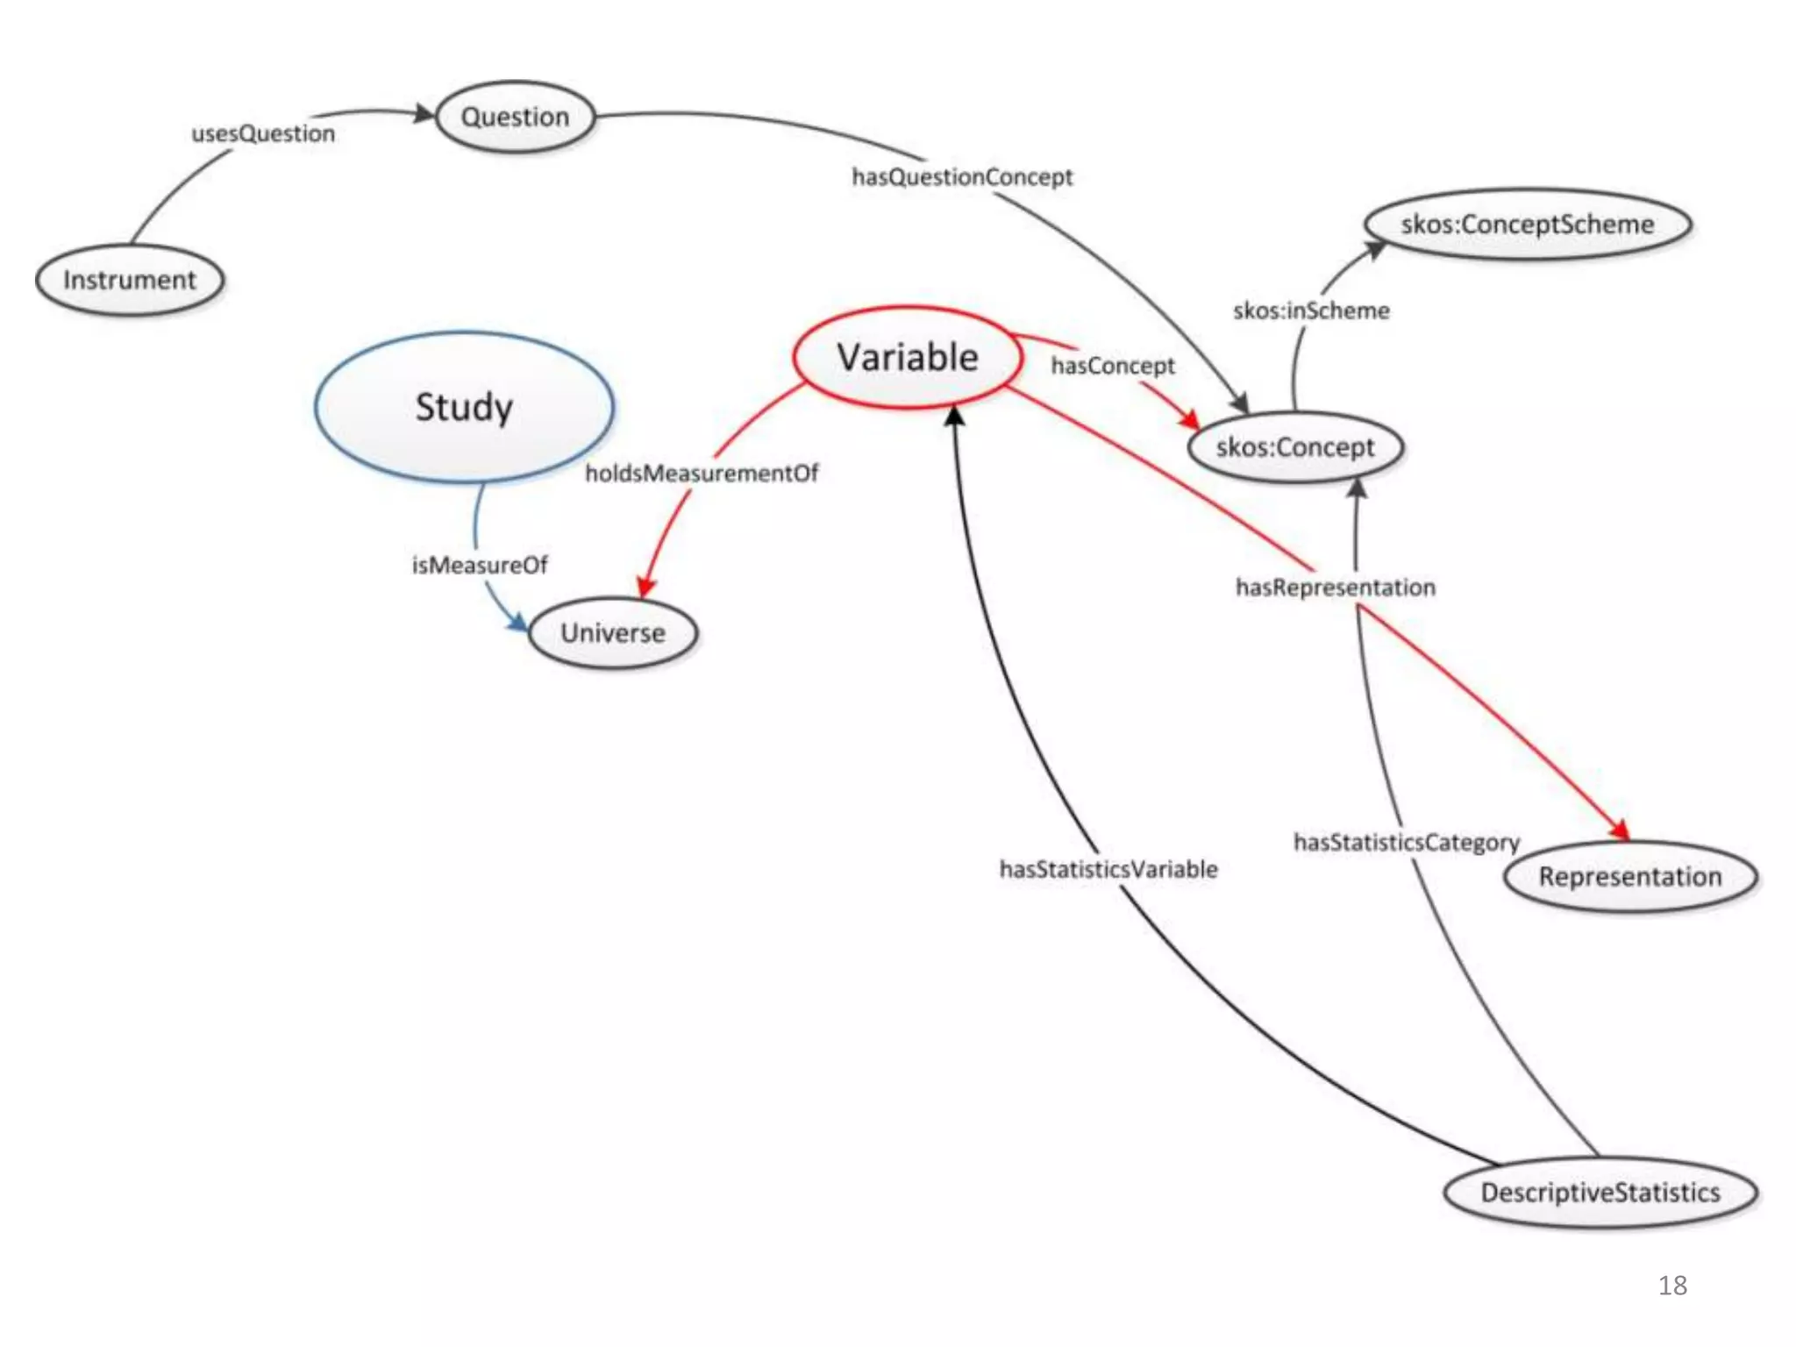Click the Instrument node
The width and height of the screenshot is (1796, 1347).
[130, 281]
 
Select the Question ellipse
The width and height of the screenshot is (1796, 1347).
[516, 117]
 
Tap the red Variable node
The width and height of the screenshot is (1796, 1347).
[908, 358]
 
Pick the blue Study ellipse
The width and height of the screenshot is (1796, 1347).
[464, 407]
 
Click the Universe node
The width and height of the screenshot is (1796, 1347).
[613, 633]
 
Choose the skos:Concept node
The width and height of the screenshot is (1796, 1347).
[1295, 447]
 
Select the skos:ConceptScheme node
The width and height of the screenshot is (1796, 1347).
[1527, 224]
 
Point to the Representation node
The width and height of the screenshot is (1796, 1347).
[1630, 877]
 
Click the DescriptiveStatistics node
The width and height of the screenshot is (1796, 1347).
[1600, 1193]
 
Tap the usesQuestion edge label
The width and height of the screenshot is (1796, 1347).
[263, 133]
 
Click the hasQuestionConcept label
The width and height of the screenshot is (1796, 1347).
[962, 177]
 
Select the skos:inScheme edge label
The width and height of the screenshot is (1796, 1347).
[1311, 310]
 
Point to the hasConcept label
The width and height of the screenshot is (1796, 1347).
[1113, 366]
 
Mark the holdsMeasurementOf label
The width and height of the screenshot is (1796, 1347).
[702, 474]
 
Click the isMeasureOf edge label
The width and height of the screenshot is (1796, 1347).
[480, 566]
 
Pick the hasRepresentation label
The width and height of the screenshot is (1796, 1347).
[1336, 588]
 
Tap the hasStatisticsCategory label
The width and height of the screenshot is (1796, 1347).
[1407, 843]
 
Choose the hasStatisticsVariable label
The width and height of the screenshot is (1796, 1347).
[1108, 869]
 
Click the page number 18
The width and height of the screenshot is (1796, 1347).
[1672, 1286]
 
